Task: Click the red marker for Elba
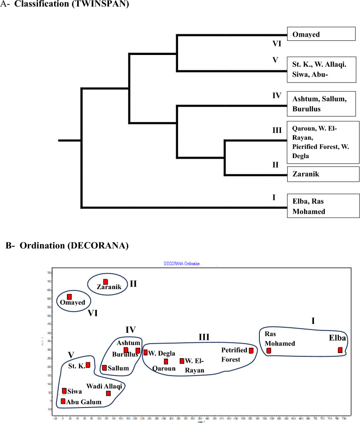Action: coord(340,350)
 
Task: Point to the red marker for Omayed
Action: coord(69,297)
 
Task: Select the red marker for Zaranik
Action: coord(106,282)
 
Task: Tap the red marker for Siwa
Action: coord(64,391)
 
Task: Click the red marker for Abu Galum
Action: coord(63,401)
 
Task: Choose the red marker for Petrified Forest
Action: coord(251,351)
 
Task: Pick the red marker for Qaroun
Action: coord(166,361)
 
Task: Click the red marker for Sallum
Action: coord(104,368)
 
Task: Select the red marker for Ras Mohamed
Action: coord(269,351)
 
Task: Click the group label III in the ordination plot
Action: coord(203,337)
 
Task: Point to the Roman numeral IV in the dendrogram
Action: coord(276,96)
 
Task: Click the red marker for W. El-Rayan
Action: coord(182,361)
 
